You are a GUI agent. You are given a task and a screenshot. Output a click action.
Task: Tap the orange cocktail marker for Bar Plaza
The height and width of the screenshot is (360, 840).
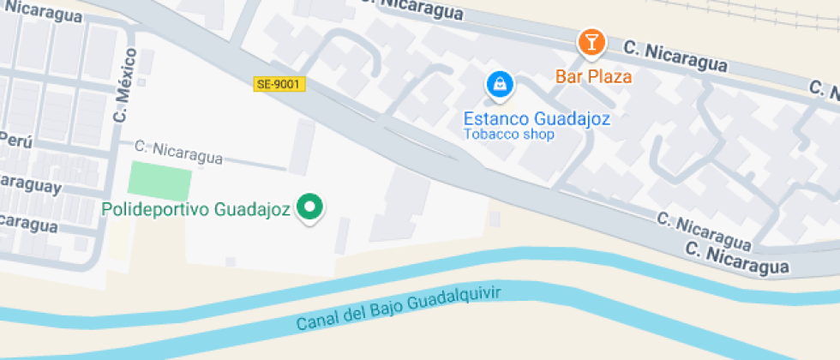tap(591, 43)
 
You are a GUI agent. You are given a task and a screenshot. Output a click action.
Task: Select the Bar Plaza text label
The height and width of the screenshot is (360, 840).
tap(593, 76)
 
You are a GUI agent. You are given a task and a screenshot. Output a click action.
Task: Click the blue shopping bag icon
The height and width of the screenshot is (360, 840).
tap(498, 84)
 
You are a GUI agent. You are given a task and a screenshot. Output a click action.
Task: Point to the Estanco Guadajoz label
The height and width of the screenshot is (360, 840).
tap(537, 119)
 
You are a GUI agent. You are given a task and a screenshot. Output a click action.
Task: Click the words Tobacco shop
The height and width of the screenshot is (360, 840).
tap(509, 135)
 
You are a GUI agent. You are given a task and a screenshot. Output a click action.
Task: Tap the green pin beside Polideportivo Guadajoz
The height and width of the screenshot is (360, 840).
tap(309, 207)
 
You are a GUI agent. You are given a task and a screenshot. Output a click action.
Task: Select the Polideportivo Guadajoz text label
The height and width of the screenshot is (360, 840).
tap(196, 208)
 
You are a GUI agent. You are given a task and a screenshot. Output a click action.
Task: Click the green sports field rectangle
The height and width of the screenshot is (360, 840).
tap(159, 181)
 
